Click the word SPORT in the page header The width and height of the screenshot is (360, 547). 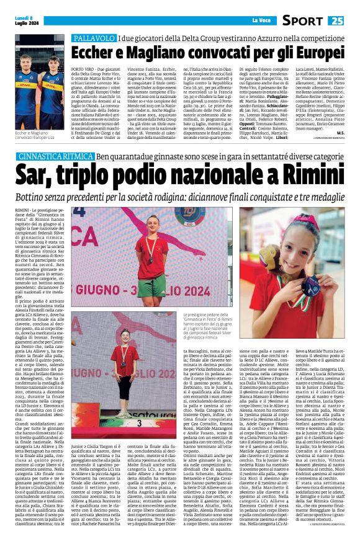pos(304,21)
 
